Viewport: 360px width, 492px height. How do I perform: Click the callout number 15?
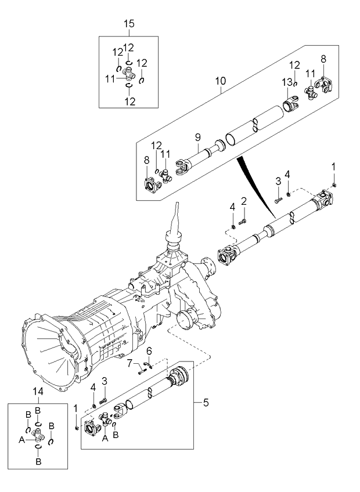[129, 23]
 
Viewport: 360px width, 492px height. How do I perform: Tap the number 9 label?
[197, 138]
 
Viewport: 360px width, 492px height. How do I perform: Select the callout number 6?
[149, 350]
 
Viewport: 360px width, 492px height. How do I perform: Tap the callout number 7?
[131, 364]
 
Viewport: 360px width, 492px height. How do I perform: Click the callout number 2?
[244, 201]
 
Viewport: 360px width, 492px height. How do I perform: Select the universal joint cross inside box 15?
[129, 74]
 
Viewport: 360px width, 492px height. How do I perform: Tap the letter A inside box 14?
[22, 440]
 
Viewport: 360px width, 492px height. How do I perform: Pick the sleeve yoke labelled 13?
[290, 106]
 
